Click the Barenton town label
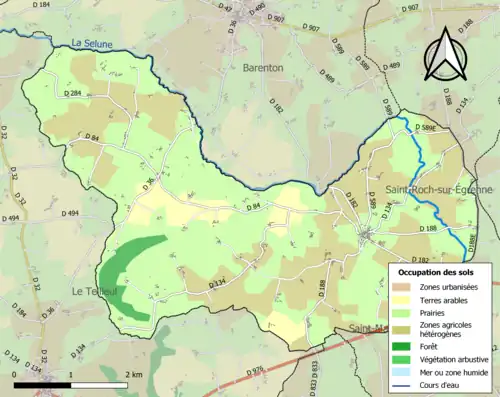[263, 67]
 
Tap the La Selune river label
[93, 42]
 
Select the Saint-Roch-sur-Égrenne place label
[438, 190]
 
